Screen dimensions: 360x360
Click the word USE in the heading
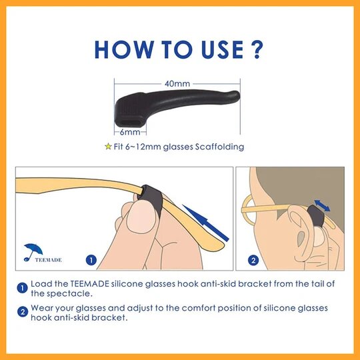pyautogui.click(x=222, y=49)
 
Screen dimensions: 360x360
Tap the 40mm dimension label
pyautogui.click(x=177, y=83)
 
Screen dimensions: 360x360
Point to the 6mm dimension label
pyautogui.click(x=130, y=132)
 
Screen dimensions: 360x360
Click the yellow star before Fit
pyautogui.click(x=108, y=146)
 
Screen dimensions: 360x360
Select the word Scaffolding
pyautogui.click(x=219, y=147)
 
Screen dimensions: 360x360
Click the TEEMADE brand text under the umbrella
pyautogui.click(x=48, y=260)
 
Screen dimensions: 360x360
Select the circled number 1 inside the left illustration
pyautogui.click(x=91, y=260)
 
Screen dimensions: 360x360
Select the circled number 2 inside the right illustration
pyautogui.click(x=253, y=260)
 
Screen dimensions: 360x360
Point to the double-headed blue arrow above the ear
pyautogui.click(x=322, y=205)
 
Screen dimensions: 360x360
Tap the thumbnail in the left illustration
pyautogui.click(x=141, y=217)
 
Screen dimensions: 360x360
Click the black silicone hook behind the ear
pyautogui.click(x=316, y=216)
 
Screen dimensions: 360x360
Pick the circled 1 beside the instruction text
pyautogui.click(x=23, y=288)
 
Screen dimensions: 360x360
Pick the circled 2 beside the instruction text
pyautogui.click(x=23, y=312)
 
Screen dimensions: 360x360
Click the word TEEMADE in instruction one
pyautogui.click(x=89, y=284)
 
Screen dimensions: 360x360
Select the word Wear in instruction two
pyautogui.click(x=42, y=308)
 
